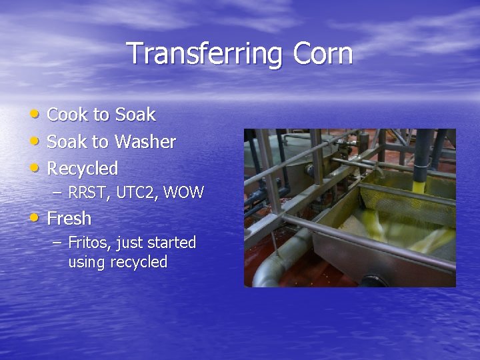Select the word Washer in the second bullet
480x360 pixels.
pyautogui.click(x=145, y=141)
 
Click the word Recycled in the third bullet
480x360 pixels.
pyautogui.click(x=82, y=168)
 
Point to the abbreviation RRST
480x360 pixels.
pyautogui.click(x=89, y=193)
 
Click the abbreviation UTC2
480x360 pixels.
pyautogui.click(x=137, y=193)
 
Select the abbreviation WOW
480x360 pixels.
pyautogui.click(x=183, y=193)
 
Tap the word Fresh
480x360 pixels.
pyautogui.click(x=69, y=219)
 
